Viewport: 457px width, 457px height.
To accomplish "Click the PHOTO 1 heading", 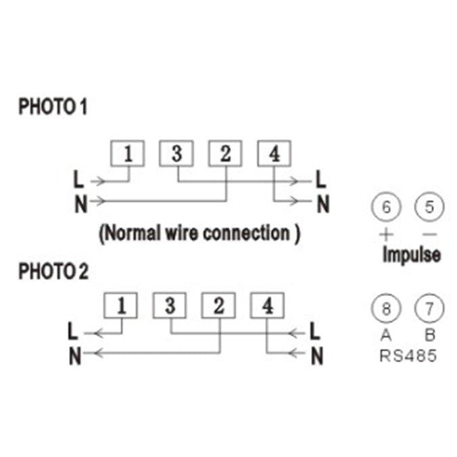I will [53, 107].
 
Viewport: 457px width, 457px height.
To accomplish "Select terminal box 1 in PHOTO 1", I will [128, 154].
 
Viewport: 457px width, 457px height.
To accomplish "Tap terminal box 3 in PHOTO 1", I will [176, 154].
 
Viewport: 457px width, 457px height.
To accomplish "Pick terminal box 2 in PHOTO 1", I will [225, 154].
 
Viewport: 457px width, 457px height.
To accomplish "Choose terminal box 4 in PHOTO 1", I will [274, 154].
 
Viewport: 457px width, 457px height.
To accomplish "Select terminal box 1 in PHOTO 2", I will [121, 306].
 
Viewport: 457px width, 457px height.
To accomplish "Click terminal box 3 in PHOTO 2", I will [170, 306].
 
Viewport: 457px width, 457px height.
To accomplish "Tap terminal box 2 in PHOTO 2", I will [218, 306].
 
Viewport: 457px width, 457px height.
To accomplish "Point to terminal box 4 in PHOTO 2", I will [268, 306].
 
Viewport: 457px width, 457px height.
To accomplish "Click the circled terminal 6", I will [386, 207].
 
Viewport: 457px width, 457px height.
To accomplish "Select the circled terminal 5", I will [428, 207].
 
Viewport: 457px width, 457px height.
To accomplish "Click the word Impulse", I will [411, 255].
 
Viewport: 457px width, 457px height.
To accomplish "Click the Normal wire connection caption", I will [200, 234].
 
